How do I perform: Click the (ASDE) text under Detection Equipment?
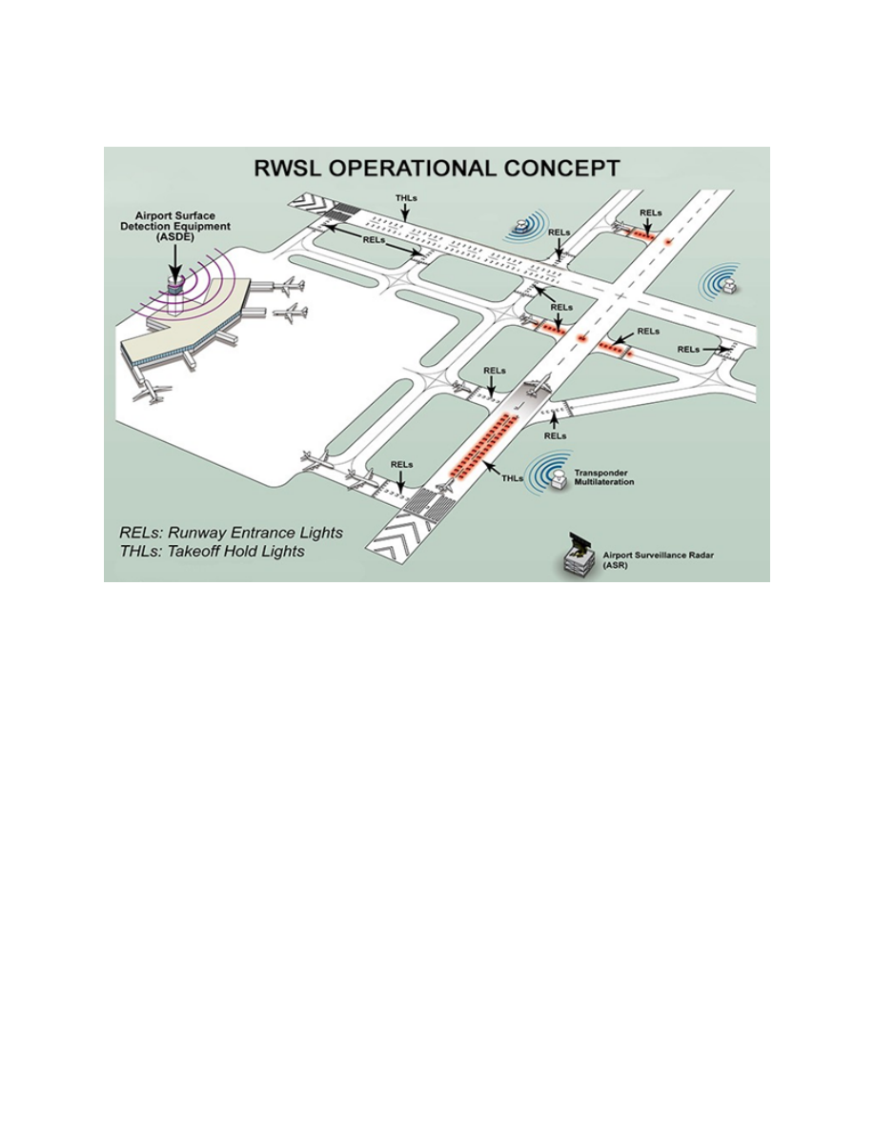tap(175, 236)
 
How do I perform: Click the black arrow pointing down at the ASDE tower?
tap(174, 258)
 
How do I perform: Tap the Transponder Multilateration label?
tap(603, 477)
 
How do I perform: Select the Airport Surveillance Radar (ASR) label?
tap(657, 560)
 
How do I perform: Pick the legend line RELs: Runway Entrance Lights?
tap(231, 533)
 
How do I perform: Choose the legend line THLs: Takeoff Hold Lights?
tap(213, 552)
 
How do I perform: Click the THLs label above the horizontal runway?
tap(406, 198)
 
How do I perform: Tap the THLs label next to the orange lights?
tap(512, 478)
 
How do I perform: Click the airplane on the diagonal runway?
tap(538, 386)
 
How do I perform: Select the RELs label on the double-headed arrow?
tap(374, 240)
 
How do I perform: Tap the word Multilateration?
tap(603, 481)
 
